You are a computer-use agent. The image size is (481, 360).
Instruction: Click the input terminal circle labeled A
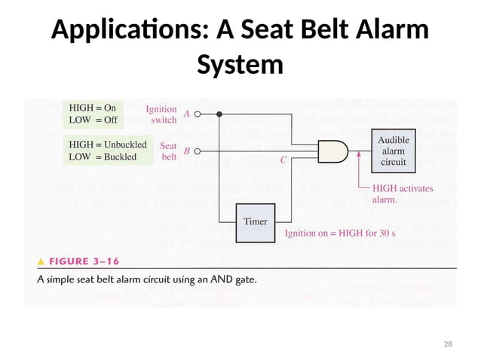click(198, 115)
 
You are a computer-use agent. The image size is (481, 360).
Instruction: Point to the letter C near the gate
click(283, 160)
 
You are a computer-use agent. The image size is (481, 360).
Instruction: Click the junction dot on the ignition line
click(219, 115)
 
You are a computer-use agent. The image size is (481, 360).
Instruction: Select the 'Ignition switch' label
click(161, 114)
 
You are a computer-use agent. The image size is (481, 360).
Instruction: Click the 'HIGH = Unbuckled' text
click(103, 144)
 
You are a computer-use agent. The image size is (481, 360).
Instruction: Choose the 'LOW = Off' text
click(93, 120)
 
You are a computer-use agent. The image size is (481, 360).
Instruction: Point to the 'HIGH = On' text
click(93, 108)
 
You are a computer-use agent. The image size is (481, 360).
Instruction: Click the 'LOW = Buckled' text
click(103, 157)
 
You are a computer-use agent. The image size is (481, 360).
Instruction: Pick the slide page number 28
click(448, 343)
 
